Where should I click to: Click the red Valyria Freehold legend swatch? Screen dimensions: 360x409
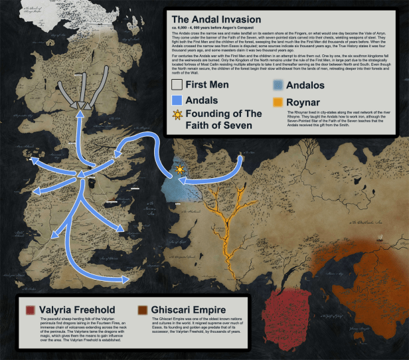(29, 310)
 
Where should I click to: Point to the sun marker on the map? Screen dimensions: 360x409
(179, 171)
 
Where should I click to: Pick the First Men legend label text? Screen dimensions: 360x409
(207, 84)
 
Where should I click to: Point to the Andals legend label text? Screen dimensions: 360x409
(203, 100)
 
